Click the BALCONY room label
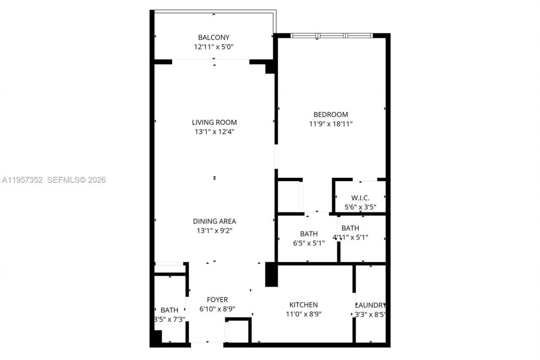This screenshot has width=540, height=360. (x=213, y=38)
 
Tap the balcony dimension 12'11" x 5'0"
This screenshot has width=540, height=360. (x=213, y=47)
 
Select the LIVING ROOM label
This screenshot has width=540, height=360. (x=214, y=122)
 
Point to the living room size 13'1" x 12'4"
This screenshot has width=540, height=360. (x=214, y=132)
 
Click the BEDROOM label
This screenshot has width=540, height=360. (x=330, y=114)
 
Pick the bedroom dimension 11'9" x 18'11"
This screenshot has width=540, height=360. (x=330, y=124)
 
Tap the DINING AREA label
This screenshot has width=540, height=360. (x=214, y=221)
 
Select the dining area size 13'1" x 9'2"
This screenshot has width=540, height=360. (x=214, y=230)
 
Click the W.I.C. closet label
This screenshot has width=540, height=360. (x=360, y=198)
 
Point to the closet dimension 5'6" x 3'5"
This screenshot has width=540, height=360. (x=360, y=207)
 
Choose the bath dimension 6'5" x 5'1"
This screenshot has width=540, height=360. (x=309, y=243)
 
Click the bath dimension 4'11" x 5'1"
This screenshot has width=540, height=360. (x=350, y=237)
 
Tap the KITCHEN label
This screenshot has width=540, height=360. (x=303, y=305)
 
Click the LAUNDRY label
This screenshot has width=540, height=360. (x=370, y=305)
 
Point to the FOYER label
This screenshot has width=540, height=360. (x=217, y=300)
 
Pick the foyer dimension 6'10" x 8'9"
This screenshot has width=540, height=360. (x=217, y=309)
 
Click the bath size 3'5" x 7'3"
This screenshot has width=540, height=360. (x=170, y=319)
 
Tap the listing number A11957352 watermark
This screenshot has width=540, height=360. (x=22, y=180)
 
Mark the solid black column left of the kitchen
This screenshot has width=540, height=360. (x=271, y=274)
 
